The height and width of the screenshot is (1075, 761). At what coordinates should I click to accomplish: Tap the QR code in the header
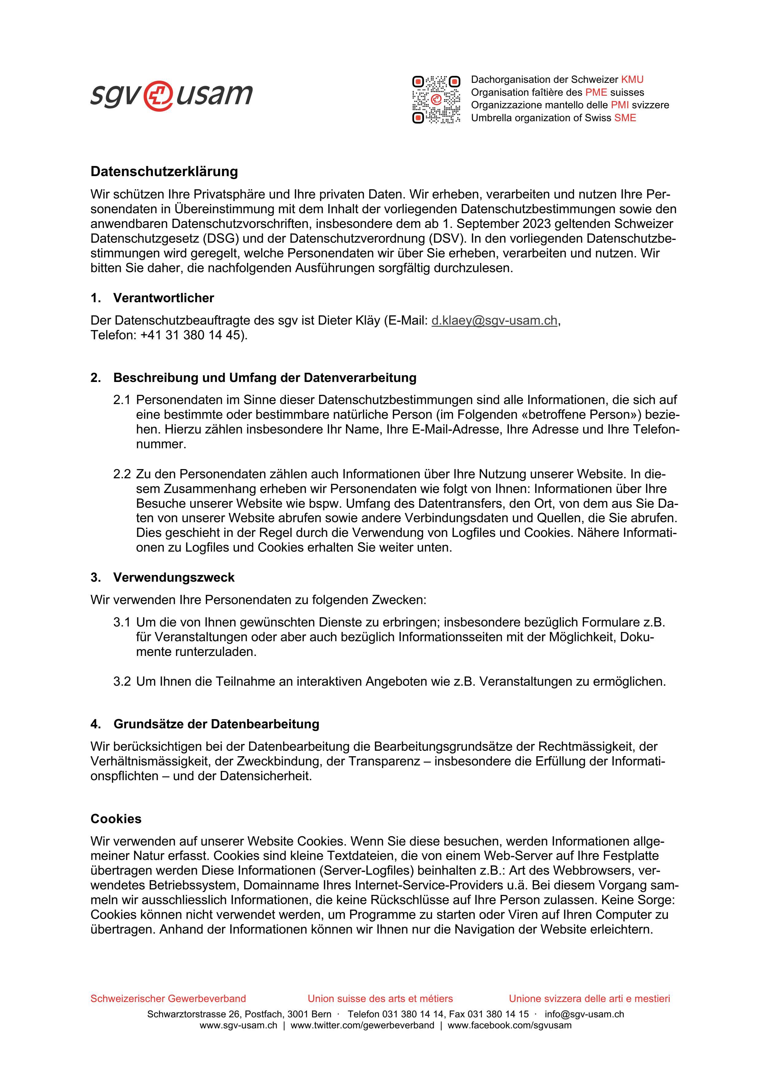pos(436,99)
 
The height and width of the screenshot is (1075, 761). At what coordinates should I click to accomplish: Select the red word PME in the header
pos(596,92)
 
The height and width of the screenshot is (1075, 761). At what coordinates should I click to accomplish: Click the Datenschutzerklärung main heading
pos(164,171)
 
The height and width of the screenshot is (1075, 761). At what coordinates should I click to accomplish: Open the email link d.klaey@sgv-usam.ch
pos(494,320)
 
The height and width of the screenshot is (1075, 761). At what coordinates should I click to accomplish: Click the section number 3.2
pos(121,681)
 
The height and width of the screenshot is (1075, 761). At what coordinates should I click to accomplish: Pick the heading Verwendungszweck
pos(173,577)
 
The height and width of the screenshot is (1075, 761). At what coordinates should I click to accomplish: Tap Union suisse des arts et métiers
pos(380,998)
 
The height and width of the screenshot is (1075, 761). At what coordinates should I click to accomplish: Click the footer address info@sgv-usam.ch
pos(584,1014)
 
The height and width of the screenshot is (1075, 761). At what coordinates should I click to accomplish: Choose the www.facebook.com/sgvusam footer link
pos(509,1025)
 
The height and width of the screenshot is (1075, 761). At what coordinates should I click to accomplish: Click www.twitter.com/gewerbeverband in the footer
pos(362,1025)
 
